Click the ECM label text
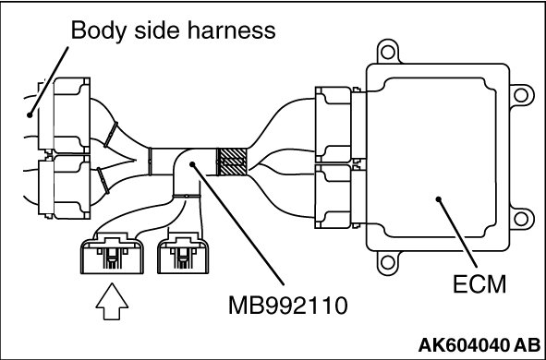479,284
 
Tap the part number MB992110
287,306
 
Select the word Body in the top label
99,30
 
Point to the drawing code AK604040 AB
479,345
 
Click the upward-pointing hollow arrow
112,301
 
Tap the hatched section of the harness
232,162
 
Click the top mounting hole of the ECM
388,53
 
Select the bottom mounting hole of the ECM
388,262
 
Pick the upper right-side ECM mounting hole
521,95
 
